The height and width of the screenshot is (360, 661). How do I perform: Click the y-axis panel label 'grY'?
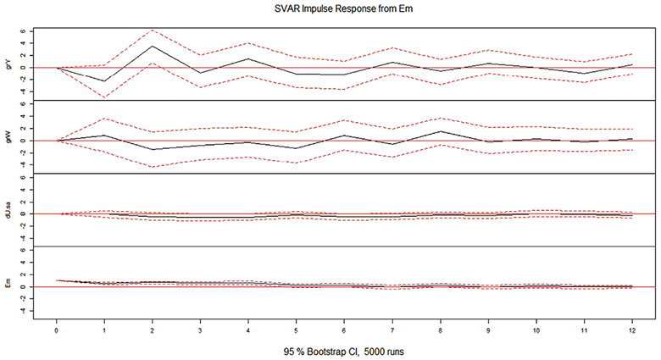[10, 62]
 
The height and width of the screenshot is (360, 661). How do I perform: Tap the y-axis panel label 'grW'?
[10, 136]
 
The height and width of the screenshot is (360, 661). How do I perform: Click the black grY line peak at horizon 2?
[152, 46]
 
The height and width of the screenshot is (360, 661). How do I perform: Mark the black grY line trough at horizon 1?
[104, 81]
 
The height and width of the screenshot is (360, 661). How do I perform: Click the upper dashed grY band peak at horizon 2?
[152, 30]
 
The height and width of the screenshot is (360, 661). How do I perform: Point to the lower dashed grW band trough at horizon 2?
[152, 166]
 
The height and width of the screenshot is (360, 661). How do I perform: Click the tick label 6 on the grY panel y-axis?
[31, 31]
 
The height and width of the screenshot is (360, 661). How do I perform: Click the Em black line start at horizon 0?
[57, 280]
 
